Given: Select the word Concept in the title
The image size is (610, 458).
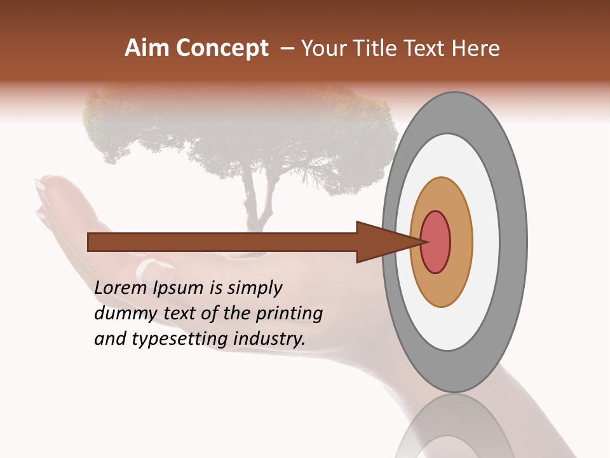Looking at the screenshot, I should pos(222,48).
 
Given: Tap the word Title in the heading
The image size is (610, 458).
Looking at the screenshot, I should pos(374,48).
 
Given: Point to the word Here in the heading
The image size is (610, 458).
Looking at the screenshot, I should pos(476,48).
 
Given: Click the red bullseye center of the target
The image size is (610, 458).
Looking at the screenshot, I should pos(435,242).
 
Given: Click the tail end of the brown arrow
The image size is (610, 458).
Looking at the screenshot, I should pos(90,242).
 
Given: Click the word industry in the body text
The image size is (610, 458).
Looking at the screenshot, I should pos(269,340).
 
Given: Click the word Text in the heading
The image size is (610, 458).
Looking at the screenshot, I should pos(423,48).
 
